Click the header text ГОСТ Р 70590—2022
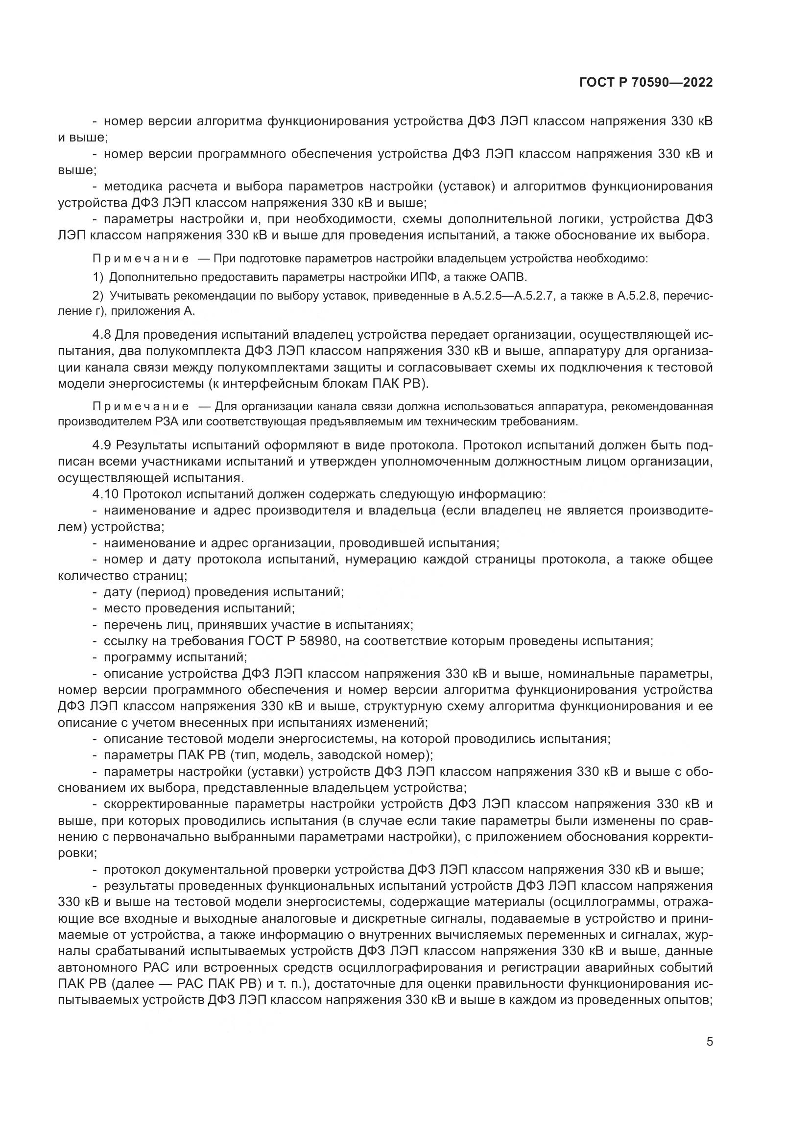click(646, 82)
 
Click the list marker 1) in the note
click(98, 277)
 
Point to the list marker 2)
click(98, 296)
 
